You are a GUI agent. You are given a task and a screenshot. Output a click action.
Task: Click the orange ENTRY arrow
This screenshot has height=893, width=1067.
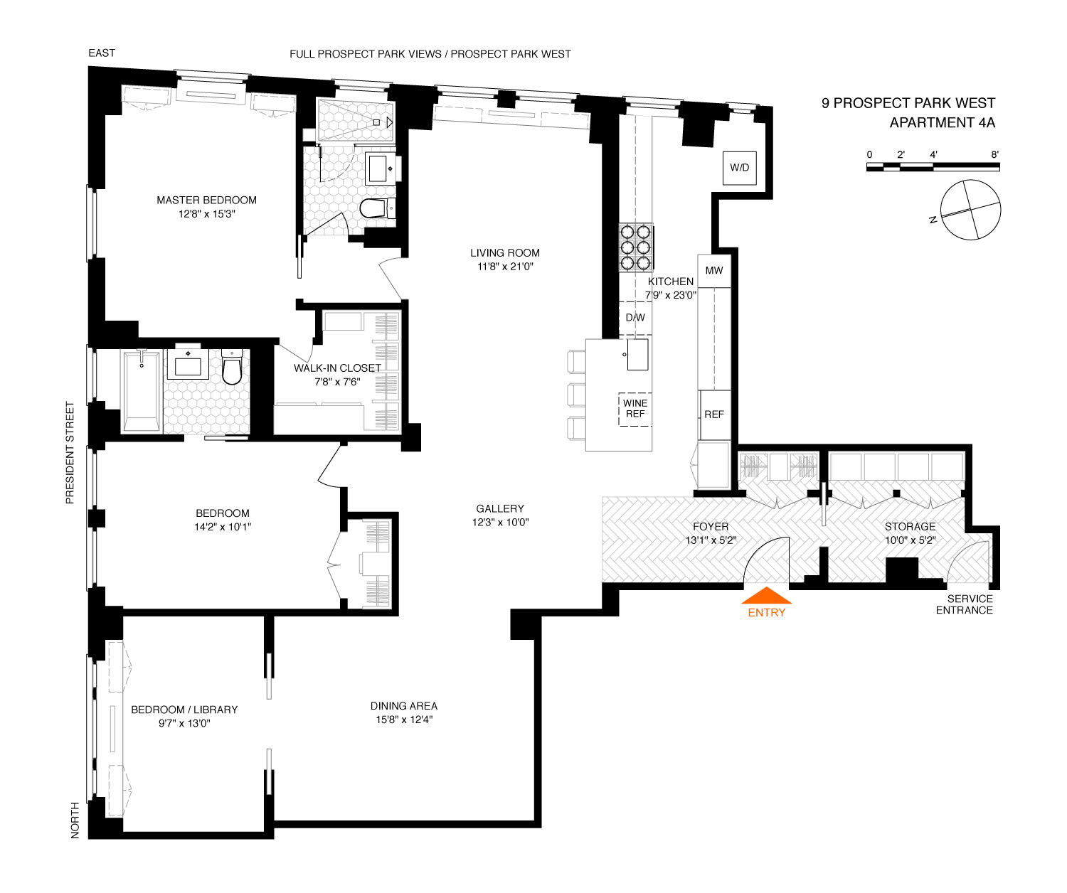click(x=766, y=595)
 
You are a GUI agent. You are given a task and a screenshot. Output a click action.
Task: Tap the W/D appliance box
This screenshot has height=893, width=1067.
click(x=739, y=168)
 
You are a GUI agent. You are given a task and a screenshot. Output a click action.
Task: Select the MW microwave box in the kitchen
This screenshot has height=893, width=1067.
click(x=714, y=271)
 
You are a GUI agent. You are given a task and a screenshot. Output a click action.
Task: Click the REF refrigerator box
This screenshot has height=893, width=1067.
click(x=714, y=415)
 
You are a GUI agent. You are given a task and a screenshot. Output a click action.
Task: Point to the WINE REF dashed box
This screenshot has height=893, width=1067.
click(x=635, y=409)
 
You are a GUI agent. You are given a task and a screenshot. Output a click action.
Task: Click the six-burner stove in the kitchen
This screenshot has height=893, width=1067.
click(x=635, y=247)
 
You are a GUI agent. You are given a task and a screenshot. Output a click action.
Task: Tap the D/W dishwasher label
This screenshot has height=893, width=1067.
click(x=635, y=317)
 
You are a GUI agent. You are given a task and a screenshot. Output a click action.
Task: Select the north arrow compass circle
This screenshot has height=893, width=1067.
click(x=970, y=210)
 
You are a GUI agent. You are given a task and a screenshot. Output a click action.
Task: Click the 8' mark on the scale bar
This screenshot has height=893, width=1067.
click(x=994, y=154)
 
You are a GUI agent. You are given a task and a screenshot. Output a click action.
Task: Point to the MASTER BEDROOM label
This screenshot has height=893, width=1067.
click(x=206, y=200)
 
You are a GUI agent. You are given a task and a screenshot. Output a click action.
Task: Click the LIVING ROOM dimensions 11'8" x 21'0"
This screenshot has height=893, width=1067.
click(x=505, y=266)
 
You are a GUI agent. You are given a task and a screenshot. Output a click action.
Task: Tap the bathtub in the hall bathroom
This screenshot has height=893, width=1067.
click(x=142, y=391)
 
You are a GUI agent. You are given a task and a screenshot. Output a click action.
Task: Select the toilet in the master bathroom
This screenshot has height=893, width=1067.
click(x=378, y=208)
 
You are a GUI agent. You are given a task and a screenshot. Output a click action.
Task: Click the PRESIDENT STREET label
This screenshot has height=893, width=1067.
click(x=70, y=453)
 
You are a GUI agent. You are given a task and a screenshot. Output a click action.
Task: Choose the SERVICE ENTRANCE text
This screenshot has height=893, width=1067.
click(x=965, y=604)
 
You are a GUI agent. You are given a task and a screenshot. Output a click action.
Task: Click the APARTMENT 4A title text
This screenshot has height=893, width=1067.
click(x=943, y=122)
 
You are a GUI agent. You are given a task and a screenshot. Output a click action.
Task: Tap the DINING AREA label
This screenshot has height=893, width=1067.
click(x=404, y=706)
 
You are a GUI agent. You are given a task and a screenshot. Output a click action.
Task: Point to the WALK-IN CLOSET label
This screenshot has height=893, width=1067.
click(x=337, y=368)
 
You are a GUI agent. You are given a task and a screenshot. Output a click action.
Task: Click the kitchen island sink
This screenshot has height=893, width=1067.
click(x=637, y=354)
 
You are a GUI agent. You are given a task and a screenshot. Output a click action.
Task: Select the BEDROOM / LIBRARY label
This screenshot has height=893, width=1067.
click(x=184, y=710)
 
